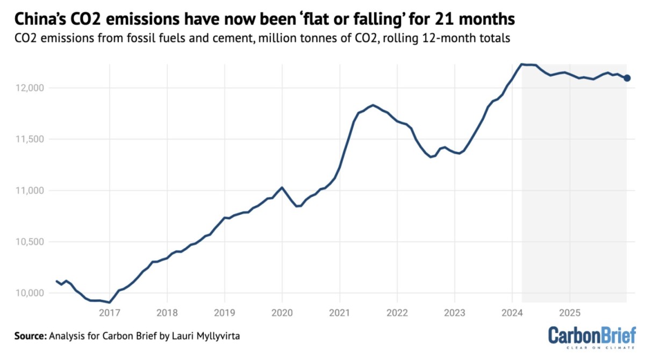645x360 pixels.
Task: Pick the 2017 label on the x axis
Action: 109,312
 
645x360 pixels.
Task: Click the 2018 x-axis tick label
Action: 167,312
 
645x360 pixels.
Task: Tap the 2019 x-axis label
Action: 224,312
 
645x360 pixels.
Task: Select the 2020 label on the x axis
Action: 282,312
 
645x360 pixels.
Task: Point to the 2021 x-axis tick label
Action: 339,312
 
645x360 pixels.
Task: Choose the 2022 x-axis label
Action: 397,312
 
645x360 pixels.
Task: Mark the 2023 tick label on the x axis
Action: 454,312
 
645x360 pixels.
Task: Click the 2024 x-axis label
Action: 512,312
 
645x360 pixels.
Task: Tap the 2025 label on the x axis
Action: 569,312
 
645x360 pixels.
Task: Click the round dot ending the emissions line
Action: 627,78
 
